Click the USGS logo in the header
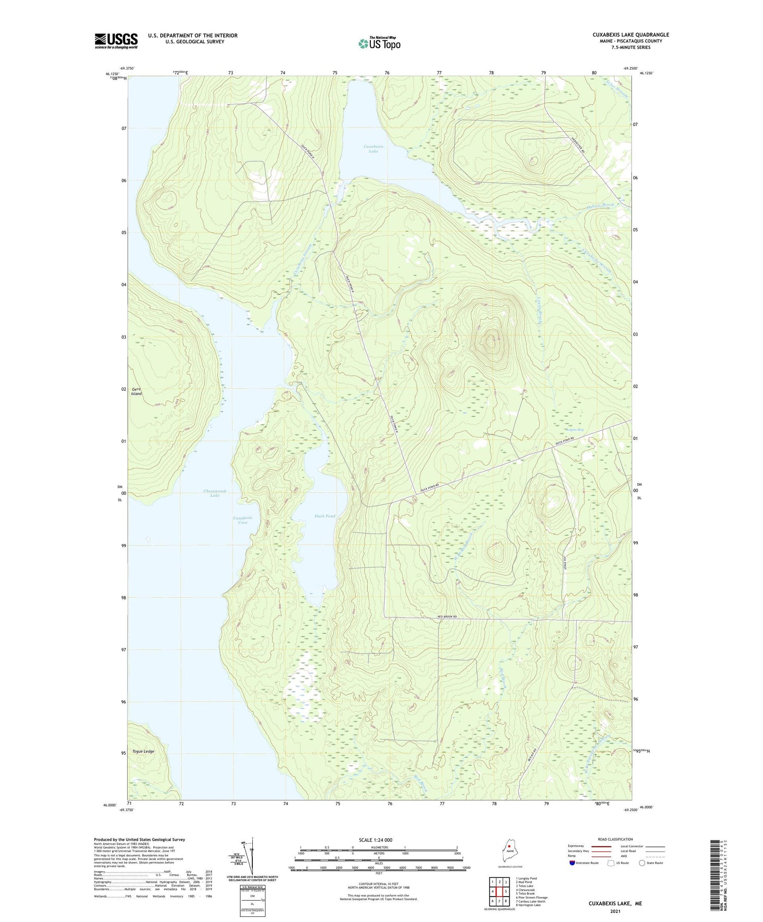[116, 41]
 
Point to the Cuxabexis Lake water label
[374, 148]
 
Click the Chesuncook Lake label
[215, 493]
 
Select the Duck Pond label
[325, 516]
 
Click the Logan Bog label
[574, 430]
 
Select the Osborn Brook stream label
[600, 205]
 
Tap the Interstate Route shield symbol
[572, 863]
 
